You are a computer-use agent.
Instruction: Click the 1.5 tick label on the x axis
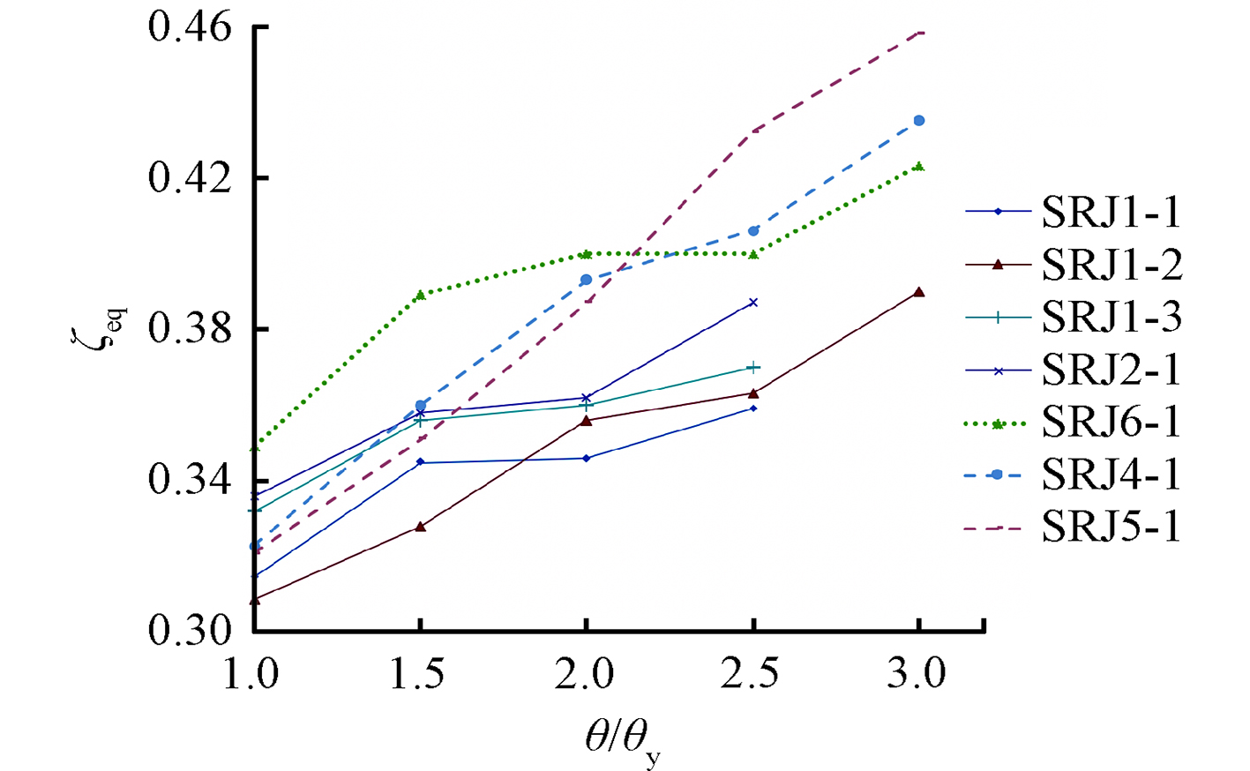point(420,675)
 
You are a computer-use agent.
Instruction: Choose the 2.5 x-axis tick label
point(752,675)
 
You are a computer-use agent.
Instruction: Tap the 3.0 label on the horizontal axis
point(918,675)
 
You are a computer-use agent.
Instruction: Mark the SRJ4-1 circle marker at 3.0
point(919,121)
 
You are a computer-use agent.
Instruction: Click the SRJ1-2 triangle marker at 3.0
point(919,292)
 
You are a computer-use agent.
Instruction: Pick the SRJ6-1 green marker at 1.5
point(421,295)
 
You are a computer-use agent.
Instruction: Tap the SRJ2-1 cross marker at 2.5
point(753,303)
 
